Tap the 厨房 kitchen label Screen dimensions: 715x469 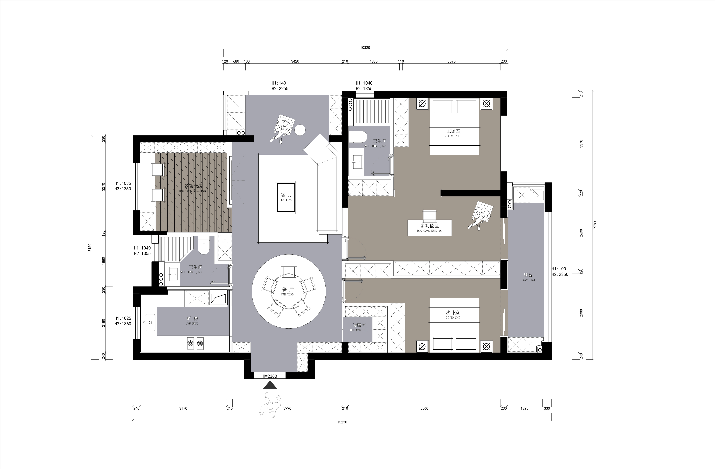click(192, 319)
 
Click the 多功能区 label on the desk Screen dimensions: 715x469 click(430, 225)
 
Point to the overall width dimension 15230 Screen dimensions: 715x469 click(342, 422)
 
